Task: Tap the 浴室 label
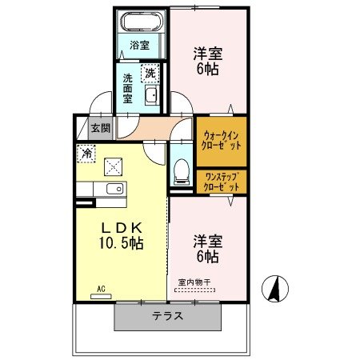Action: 139,46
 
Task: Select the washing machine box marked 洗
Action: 150,74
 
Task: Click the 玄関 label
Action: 100,128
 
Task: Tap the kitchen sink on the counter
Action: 113,189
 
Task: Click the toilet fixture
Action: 181,170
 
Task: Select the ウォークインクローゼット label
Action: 221,142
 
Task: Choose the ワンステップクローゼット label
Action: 221,181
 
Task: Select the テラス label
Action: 168,316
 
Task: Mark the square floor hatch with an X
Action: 114,166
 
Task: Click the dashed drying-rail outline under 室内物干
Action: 195,290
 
